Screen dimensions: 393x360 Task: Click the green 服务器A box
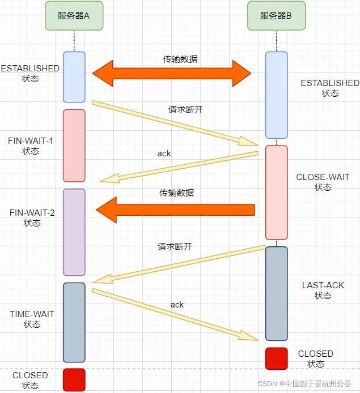(x=74, y=16)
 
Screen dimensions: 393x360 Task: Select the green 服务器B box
(x=276, y=16)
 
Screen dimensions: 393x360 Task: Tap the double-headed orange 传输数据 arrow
(x=172, y=73)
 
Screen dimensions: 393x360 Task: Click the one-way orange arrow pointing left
(x=175, y=210)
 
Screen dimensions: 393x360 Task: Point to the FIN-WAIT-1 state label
(x=31, y=146)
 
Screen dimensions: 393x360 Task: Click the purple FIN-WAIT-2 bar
(x=74, y=232)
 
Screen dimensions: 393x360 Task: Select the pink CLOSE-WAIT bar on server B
(x=277, y=193)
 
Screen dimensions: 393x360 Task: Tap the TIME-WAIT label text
(x=32, y=319)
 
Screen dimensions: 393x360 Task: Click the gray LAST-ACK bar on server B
(x=277, y=293)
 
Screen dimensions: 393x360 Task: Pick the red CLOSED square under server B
(x=277, y=358)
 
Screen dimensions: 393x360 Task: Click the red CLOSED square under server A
(x=74, y=379)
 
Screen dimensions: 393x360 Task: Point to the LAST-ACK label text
(x=323, y=291)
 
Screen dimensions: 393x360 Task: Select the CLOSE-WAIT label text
(x=323, y=182)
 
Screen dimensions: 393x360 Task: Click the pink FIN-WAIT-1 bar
(x=74, y=146)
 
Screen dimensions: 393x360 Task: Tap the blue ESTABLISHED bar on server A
(x=74, y=77)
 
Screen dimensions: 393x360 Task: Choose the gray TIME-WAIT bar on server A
(x=74, y=322)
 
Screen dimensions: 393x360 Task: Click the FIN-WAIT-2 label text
(x=32, y=217)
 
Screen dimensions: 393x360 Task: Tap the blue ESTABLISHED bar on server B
(x=277, y=95)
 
